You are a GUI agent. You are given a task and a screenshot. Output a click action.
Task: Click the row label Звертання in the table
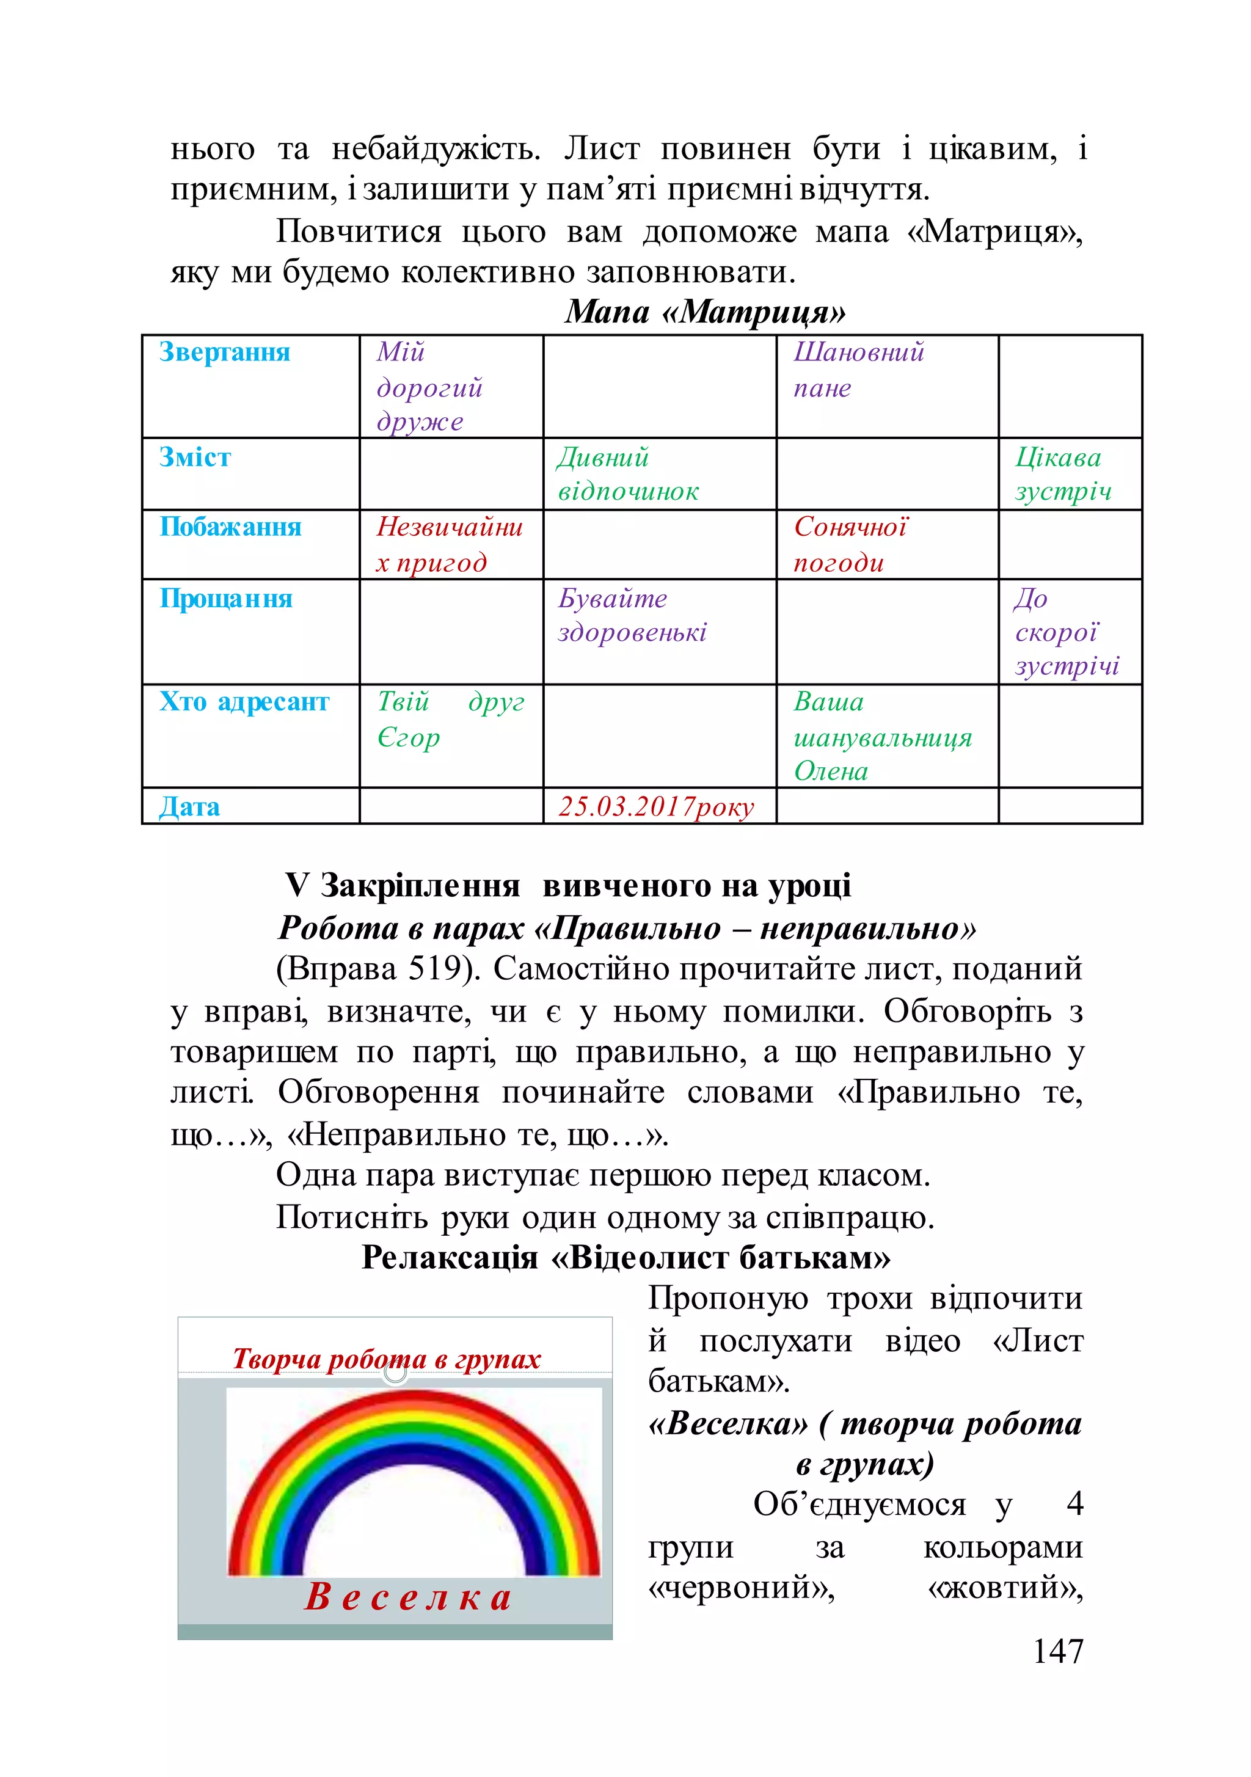[x=225, y=352]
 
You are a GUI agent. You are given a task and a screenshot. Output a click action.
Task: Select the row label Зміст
[x=195, y=457]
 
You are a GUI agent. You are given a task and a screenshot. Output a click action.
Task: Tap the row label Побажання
[x=230, y=527]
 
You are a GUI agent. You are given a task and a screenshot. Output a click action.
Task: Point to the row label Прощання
[x=225, y=598]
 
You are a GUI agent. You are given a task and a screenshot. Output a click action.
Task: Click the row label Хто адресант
[x=244, y=701]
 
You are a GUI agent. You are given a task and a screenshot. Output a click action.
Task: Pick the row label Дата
[x=189, y=806]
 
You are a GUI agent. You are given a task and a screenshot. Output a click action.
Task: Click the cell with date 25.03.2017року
[x=655, y=806]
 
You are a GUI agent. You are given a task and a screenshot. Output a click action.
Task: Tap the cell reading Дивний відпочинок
[x=628, y=473]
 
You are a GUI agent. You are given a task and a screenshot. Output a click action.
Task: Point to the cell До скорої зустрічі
[x=1066, y=632]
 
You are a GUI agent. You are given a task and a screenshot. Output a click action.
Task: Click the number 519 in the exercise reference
[x=437, y=968]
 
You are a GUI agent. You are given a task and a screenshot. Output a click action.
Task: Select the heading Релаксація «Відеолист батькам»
[x=625, y=1257]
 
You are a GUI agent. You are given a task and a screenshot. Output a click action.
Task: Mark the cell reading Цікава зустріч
[x=1062, y=473]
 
